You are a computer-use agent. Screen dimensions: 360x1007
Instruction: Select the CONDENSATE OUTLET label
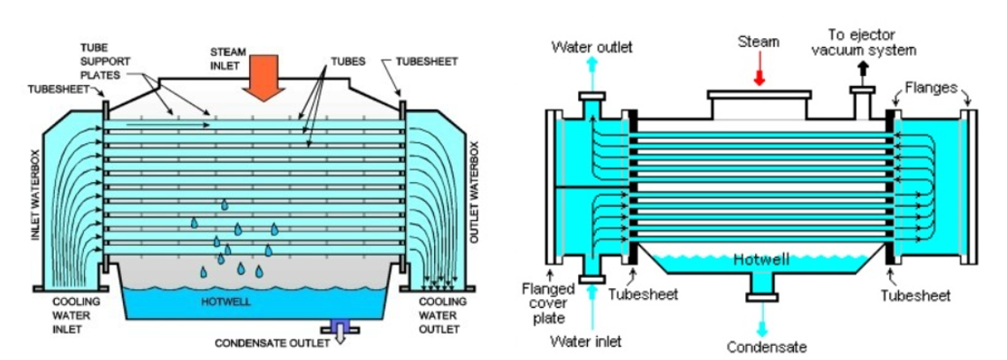point(267,343)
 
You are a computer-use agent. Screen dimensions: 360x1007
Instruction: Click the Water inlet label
point(584,341)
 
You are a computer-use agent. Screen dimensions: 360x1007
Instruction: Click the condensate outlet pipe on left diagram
point(339,329)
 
